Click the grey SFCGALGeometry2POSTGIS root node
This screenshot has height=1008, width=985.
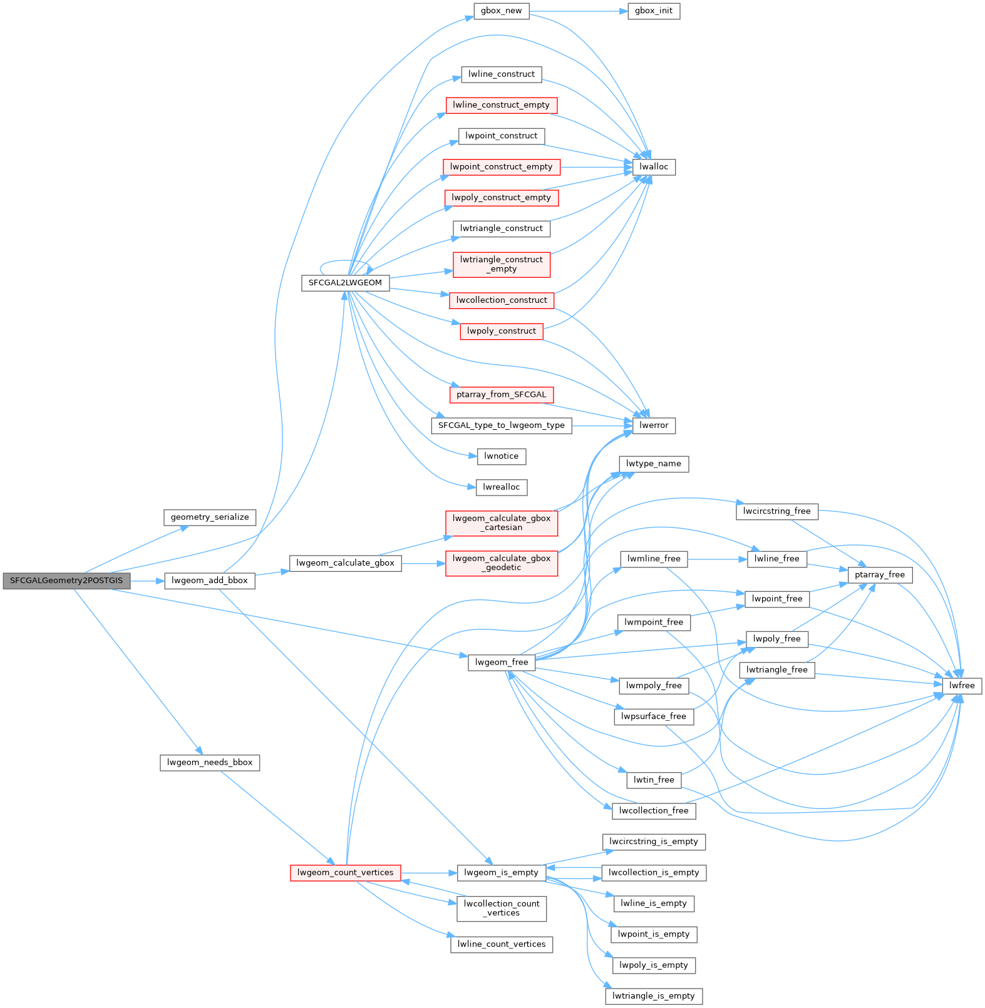(67, 581)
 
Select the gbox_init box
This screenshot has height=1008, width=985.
(654, 11)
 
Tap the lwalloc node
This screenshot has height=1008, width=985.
(654, 167)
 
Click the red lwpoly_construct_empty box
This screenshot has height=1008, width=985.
(502, 198)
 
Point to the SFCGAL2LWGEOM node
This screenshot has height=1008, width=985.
(346, 283)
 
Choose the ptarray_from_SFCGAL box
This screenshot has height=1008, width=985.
(502, 395)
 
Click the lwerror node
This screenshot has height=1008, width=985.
(654, 425)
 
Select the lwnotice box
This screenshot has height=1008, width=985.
(502, 456)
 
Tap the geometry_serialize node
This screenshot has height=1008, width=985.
(210, 517)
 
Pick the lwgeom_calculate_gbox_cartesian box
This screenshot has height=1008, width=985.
(502, 523)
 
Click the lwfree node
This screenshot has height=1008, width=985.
(962, 686)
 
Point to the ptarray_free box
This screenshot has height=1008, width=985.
(880, 574)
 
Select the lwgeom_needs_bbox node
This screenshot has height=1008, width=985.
(210, 763)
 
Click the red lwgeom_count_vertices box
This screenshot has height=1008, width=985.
(346, 873)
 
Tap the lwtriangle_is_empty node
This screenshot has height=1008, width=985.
(654, 996)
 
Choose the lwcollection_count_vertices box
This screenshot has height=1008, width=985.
(502, 909)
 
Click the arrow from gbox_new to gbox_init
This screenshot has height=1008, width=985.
(579, 11)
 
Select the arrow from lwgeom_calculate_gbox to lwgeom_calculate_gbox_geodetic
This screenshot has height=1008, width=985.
(423, 563)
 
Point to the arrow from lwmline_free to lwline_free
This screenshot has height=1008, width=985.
(718, 559)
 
